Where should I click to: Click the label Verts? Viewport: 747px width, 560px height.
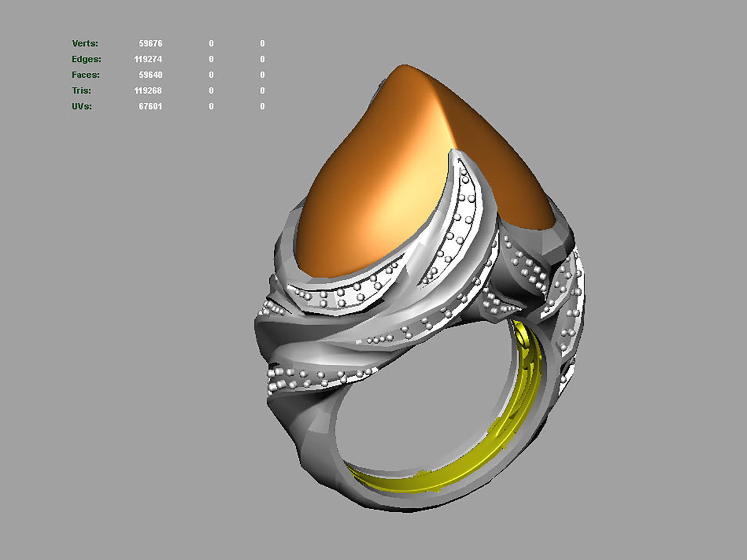pos(85,43)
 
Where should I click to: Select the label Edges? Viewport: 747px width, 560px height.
pos(86,59)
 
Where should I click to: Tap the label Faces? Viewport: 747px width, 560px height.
pos(85,75)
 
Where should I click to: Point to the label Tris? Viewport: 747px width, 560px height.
pos(81,91)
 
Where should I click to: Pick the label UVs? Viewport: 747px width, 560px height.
pos(82,106)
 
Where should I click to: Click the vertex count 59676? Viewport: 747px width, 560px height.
pos(150,43)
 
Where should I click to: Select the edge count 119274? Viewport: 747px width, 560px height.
pos(148,59)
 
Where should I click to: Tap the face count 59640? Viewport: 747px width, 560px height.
pos(150,75)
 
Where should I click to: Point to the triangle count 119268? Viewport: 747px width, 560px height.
pos(148,91)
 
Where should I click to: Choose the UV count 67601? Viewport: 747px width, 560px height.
pos(150,106)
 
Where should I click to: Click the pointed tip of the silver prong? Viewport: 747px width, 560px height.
pos(455,152)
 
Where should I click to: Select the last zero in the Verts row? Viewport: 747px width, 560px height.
pos(262,43)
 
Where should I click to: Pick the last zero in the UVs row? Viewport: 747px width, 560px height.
pos(262,106)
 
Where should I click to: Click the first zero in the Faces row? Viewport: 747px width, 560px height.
pos(211,75)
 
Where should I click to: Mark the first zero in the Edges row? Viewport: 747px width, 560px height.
pos(211,59)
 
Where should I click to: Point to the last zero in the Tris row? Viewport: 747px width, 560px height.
pos(262,91)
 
